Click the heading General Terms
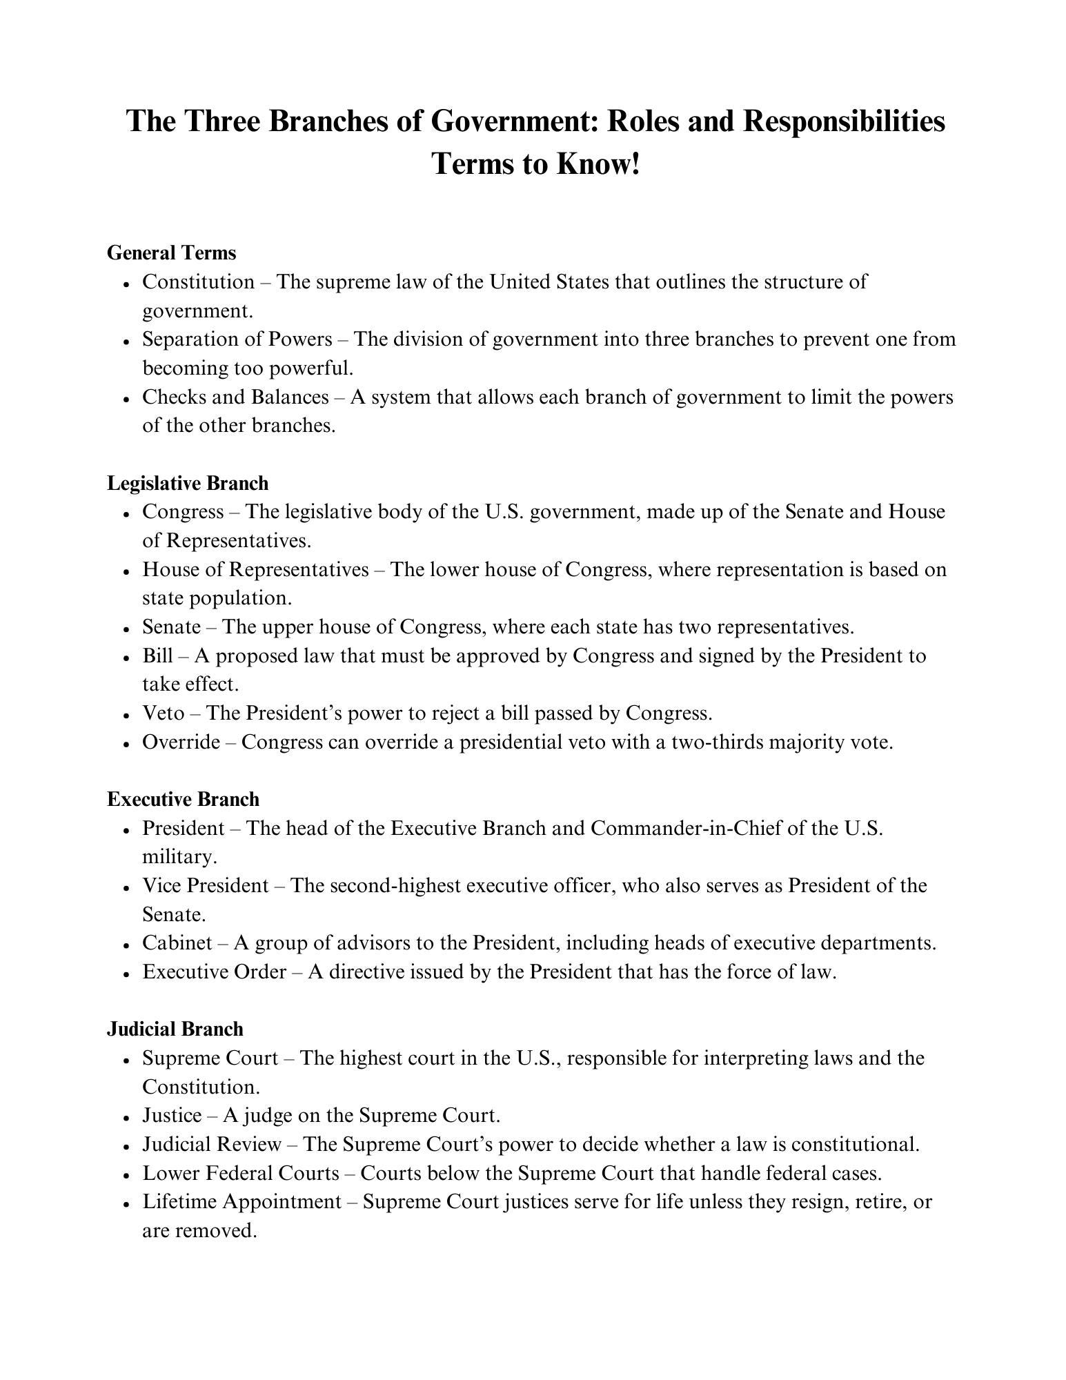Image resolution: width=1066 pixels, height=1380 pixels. [x=171, y=253]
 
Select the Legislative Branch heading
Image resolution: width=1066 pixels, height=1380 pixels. [x=187, y=483]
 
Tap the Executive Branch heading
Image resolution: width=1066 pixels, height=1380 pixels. [x=183, y=799]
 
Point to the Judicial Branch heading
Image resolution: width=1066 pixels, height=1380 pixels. [x=175, y=1029]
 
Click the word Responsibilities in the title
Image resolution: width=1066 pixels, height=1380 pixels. [x=843, y=121]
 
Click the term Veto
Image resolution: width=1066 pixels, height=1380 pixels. [x=163, y=713]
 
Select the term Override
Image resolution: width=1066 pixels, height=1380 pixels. [x=181, y=742]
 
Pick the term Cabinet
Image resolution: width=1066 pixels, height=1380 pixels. [x=177, y=943]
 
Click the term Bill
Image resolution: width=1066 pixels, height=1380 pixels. [x=157, y=655]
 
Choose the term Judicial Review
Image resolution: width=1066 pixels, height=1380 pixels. [x=212, y=1144]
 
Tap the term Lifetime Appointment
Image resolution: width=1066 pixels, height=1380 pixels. [x=241, y=1201]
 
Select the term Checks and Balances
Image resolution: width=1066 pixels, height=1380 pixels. [x=235, y=397]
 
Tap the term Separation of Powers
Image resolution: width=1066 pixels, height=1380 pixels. [x=237, y=339]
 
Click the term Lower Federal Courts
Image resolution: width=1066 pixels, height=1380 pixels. [x=241, y=1173]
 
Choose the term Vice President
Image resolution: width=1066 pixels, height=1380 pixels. [x=206, y=885]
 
